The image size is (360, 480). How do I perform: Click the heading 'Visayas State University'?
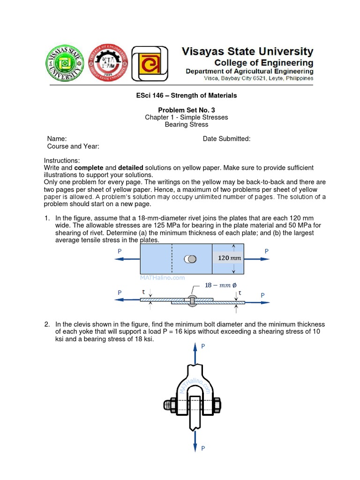tap(247, 51)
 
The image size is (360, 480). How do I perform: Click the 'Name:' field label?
tap(57, 139)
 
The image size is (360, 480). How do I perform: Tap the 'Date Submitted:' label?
tap(226, 139)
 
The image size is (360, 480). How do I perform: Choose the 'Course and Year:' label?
tap(73, 146)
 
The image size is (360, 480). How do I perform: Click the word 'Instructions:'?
tap(62, 160)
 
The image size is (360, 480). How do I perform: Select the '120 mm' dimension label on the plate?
tap(228, 258)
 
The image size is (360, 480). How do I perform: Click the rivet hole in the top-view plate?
tap(190, 259)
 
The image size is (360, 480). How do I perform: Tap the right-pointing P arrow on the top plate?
tap(257, 259)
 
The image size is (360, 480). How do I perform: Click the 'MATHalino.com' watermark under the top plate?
tap(156, 277)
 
